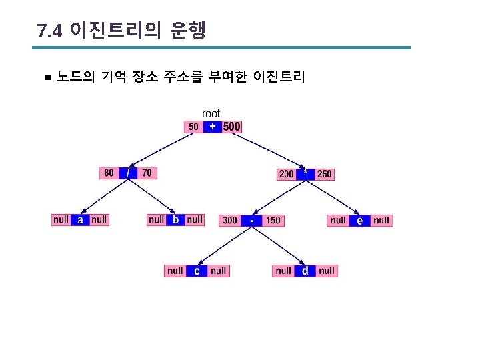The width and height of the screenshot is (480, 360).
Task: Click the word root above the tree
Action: pos(211,114)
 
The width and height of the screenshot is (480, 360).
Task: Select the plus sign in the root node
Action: pos(213,126)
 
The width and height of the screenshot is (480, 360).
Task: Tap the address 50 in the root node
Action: pos(193,127)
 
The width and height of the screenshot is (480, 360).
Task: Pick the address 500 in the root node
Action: pos(231,127)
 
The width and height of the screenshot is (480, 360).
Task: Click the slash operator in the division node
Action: pos(128,173)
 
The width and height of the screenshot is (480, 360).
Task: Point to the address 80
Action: pos(109,173)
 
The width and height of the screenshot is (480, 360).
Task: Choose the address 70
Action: pos(147,173)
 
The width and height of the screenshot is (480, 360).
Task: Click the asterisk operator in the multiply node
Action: pos(305,173)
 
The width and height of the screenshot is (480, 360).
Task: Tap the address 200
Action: pos(286,174)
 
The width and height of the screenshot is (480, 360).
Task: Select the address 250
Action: pos(324,174)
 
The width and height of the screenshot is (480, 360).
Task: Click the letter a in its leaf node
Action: pos(80,219)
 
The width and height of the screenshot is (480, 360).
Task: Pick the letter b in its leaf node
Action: pos(175,219)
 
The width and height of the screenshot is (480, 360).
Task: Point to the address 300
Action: pos(229,220)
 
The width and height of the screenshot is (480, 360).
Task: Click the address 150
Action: pos(273,220)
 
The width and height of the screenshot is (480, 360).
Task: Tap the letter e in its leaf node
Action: pos(360,220)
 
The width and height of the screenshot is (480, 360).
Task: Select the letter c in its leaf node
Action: pos(197,271)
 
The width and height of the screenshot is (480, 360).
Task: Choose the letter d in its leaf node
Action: pos(305,271)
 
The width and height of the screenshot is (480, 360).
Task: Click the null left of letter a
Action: pos(61,219)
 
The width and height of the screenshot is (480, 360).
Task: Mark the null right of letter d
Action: pos(327,271)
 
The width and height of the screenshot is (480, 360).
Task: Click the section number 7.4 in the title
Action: pos(50,31)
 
